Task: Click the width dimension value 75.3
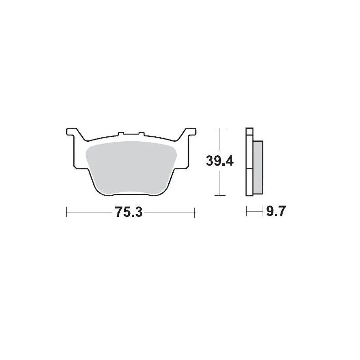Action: [x=129, y=212]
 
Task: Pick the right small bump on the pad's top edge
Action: [x=140, y=134]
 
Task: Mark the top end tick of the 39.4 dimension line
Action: [x=219, y=128]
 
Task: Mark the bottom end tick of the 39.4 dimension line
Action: [x=219, y=195]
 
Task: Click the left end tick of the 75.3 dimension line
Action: [x=67, y=212]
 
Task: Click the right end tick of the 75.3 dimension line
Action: [x=194, y=212]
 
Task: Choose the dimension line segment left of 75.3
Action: [x=90, y=212]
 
